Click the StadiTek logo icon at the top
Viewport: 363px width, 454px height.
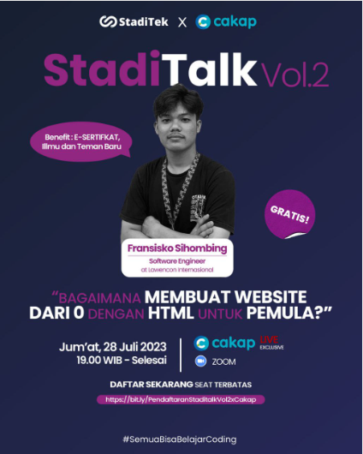[108, 21]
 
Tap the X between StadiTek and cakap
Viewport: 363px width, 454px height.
[182, 22]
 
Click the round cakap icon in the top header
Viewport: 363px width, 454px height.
[203, 22]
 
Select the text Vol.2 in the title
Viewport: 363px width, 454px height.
[295, 75]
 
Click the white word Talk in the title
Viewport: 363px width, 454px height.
[209, 69]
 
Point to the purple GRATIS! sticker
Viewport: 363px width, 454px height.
[289, 214]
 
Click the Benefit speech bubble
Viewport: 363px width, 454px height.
[80, 141]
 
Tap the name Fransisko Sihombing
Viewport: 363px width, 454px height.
[177, 248]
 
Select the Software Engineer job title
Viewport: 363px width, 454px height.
[177, 261]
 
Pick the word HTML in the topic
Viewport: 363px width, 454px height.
[170, 313]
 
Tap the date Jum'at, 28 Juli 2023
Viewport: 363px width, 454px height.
[113, 347]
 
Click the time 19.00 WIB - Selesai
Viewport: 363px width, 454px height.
[122, 360]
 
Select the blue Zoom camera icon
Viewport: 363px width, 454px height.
[200, 361]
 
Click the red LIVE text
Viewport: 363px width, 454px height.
[269, 339]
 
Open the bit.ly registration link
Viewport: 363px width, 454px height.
[181, 399]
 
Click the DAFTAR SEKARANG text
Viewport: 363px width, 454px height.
[151, 385]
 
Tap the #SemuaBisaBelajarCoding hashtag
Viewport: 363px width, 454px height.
[180, 439]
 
